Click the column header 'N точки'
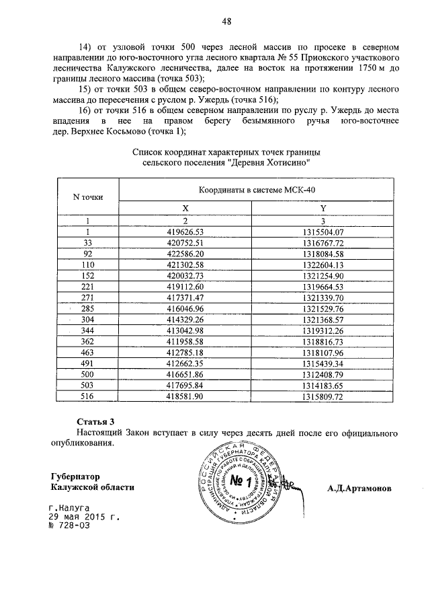point(87,196)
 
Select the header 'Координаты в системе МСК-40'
point(256,190)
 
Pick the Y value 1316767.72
point(322,243)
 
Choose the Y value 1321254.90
point(322,277)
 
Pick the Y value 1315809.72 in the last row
point(322,397)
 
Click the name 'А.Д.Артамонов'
point(359,487)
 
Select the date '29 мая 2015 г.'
point(83,517)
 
